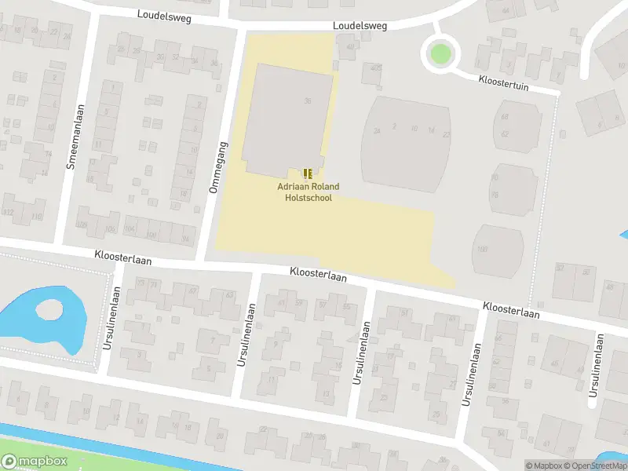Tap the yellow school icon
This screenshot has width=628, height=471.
pos(307,173)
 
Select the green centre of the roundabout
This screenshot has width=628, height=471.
pos(440,54)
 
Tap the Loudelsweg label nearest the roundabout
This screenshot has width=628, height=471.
pos(360,26)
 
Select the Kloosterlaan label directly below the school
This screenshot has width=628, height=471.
pos(318,273)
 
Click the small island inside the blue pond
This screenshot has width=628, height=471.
pos(49,310)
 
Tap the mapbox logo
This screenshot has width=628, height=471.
pos(35,462)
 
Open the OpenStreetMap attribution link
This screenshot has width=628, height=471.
pos(596,466)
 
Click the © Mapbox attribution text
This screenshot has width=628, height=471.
pos(543,466)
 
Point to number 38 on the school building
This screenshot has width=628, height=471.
pos(308,100)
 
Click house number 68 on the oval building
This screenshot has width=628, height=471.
pos(505,117)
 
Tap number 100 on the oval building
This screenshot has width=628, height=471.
pos(481,250)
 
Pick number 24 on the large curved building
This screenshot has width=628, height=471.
pos(378,131)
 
